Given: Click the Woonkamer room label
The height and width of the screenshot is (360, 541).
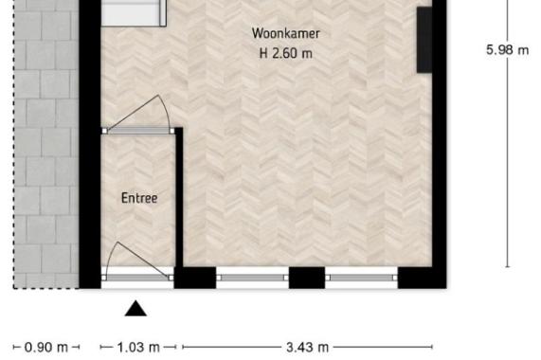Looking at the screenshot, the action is click(x=286, y=33).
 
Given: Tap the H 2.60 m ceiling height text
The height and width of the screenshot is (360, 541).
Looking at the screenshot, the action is click(x=286, y=53).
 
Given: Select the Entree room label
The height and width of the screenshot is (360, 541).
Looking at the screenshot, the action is click(x=139, y=198).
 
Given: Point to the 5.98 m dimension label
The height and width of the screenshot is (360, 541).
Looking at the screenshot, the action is click(x=507, y=50).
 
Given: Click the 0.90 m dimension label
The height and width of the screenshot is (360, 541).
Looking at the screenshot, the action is click(x=46, y=348).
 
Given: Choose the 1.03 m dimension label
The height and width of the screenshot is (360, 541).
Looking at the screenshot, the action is click(x=138, y=348).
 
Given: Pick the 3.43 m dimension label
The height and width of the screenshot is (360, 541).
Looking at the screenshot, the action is click(x=307, y=348).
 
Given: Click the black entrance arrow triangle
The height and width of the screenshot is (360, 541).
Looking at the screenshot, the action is click(x=135, y=309).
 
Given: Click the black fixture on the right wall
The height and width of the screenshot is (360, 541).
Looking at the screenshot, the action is click(x=424, y=40).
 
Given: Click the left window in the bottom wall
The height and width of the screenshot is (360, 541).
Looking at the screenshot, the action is click(x=252, y=278).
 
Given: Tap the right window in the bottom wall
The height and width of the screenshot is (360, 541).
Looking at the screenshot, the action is click(x=361, y=278).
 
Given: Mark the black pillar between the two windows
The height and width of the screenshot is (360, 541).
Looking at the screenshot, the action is click(x=307, y=278).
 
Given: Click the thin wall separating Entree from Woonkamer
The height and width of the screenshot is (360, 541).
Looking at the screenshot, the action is click(x=179, y=197).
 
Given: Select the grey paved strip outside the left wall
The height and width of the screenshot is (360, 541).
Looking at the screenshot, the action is click(x=45, y=144).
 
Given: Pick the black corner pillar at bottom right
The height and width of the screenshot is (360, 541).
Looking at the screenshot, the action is click(x=422, y=278).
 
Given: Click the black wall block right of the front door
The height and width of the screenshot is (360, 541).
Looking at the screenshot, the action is click(x=195, y=278).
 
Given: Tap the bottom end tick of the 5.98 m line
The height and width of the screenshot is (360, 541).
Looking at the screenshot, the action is click(x=507, y=267).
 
